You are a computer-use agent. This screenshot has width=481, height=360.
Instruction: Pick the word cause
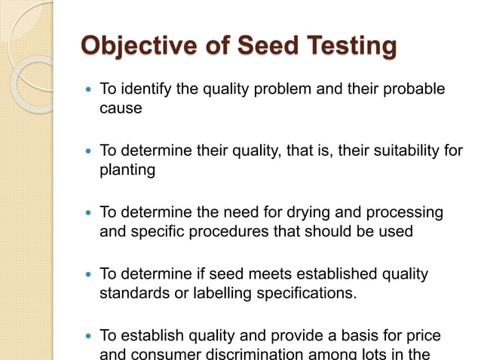pos(121,108)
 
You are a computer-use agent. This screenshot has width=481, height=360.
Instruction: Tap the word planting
pos(127,170)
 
